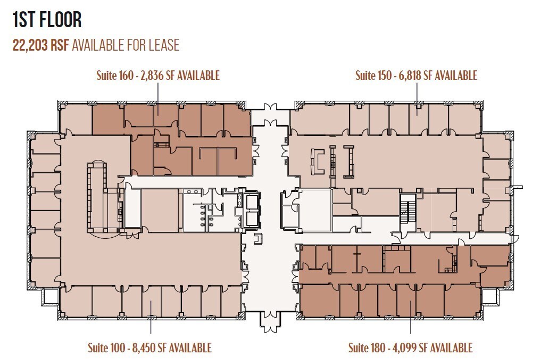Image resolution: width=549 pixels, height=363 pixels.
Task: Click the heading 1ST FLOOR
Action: point(47,20)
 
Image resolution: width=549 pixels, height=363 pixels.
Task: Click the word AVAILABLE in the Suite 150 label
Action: point(456,75)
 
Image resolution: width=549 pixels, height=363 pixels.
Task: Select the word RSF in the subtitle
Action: point(59,45)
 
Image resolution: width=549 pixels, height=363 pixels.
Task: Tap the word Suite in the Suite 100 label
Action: point(99,348)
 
